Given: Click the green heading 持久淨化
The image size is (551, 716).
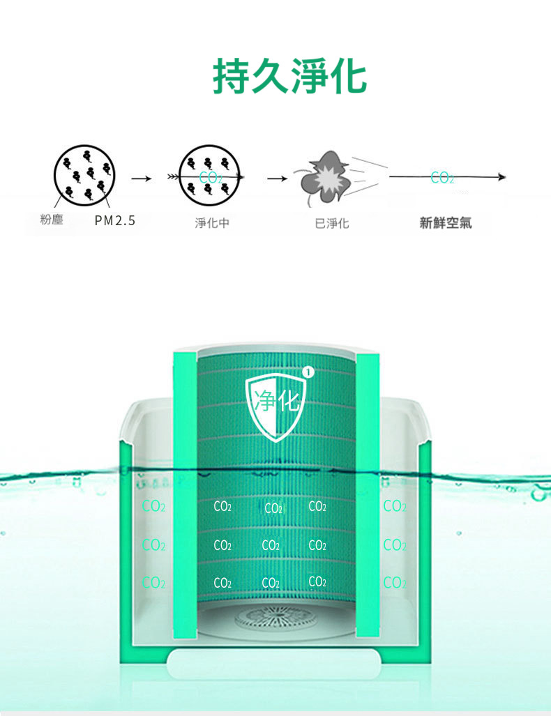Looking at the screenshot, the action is [289, 76].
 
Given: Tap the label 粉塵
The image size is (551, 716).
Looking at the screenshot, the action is [52, 220].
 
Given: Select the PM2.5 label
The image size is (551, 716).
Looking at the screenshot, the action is [114, 221].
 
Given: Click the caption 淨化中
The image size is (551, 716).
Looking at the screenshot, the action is [212, 223].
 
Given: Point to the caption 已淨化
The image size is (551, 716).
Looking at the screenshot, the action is [332, 223].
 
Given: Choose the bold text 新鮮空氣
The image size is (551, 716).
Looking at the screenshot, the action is [446, 223].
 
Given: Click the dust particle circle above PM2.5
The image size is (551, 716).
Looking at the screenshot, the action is [84, 176].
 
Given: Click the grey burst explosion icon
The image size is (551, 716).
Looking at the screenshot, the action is [326, 178].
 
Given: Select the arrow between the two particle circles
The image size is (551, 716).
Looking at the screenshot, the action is [141, 178].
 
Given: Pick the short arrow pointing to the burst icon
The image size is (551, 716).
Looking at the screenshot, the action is [278, 178].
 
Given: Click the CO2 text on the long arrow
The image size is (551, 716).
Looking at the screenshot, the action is [442, 178].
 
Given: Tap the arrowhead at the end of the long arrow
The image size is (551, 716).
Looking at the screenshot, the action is [502, 176].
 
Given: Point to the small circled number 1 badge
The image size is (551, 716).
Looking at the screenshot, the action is [309, 373].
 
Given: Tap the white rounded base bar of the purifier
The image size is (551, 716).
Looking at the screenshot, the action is [273, 663].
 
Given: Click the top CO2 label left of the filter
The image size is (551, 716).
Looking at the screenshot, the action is [153, 506].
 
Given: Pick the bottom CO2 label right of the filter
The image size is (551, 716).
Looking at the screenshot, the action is [395, 583].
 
